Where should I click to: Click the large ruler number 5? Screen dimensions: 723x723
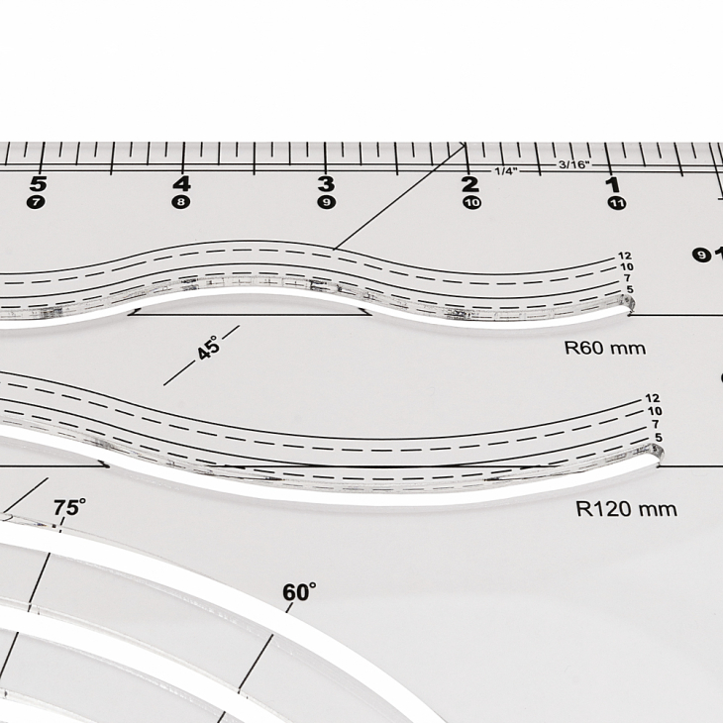click(39, 184)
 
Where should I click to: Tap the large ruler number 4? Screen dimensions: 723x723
click(181, 184)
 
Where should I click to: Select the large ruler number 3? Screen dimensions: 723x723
click(326, 184)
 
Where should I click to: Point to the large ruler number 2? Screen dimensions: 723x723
click(469, 185)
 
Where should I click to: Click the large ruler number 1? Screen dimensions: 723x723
click(613, 185)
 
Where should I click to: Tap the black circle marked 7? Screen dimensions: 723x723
click(36, 202)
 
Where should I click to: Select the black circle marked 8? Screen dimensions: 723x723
click(180, 202)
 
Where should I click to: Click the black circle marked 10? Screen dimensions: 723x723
click(471, 202)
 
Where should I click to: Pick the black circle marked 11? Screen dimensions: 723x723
click(616, 203)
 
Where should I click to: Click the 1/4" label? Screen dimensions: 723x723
click(506, 171)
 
